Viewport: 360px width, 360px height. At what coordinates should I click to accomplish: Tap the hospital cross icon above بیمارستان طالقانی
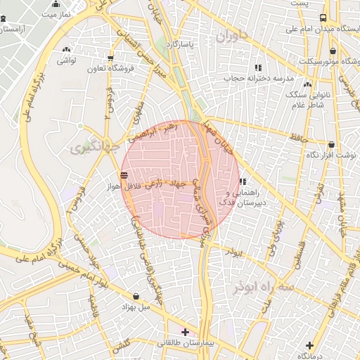pyautogui.click(x=185, y=331)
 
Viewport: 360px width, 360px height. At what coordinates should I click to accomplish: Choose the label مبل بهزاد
pyautogui.click(x=136, y=307)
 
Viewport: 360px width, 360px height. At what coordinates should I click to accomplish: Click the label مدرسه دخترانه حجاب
pyautogui.click(x=256, y=78)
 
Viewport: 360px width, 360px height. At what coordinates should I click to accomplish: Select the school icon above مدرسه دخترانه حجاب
pyautogui.click(x=259, y=67)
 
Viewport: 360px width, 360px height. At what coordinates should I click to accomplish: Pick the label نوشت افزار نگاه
pyautogui.click(x=331, y=154)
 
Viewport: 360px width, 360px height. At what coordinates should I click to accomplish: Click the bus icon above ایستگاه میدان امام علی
pyautogui.click(x=323, y=18)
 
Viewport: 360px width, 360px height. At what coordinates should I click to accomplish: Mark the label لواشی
pyautogui.click(x=67, y=61)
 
